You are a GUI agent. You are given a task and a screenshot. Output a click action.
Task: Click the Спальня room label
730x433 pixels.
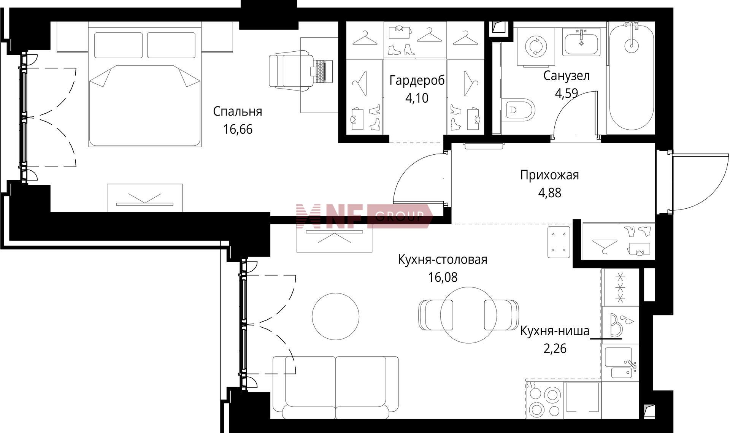click(x=237, y=112)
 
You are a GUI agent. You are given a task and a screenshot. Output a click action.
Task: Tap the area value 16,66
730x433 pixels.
click(x=238, y=130)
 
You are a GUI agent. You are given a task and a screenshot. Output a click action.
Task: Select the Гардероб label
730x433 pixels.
click(x=417, y=81)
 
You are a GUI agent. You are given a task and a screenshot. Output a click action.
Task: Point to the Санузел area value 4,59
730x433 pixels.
click(x=567, y=93)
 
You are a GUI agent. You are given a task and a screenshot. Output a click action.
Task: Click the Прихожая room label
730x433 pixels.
click(x=549, y=175)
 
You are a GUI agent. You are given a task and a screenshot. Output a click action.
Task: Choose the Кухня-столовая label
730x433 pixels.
click(x=443, y=260)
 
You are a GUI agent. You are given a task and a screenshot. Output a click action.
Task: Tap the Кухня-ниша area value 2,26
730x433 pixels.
click(x=555, y=348)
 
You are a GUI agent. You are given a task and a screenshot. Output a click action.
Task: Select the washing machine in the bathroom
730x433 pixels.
click(x=535, y=47)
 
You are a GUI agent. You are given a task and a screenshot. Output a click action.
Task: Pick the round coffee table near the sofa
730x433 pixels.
click(x=336, y=316)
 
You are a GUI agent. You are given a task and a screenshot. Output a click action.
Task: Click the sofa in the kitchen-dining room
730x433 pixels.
click(x=335, y=387)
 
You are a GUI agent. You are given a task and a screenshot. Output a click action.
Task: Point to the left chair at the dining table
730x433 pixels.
click(x=436, y=315)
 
